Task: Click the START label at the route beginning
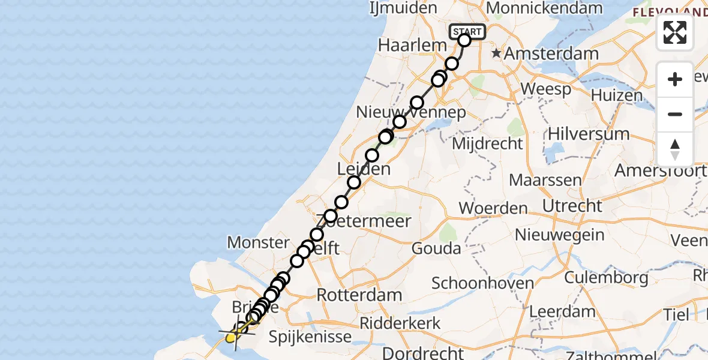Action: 467,31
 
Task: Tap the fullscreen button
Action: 675,32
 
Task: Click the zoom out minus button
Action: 675,115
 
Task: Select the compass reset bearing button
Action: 675,149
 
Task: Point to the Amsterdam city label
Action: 551,53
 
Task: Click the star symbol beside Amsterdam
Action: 496,54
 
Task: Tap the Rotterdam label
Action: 359,295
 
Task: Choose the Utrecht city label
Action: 572,206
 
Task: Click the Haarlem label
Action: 413,45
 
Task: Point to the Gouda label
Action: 436,248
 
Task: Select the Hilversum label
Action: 580,133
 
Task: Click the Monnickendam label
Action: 544,8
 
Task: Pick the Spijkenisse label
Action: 310,337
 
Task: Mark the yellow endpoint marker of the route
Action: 231,338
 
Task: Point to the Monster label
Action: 258,242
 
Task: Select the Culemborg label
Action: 606,278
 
